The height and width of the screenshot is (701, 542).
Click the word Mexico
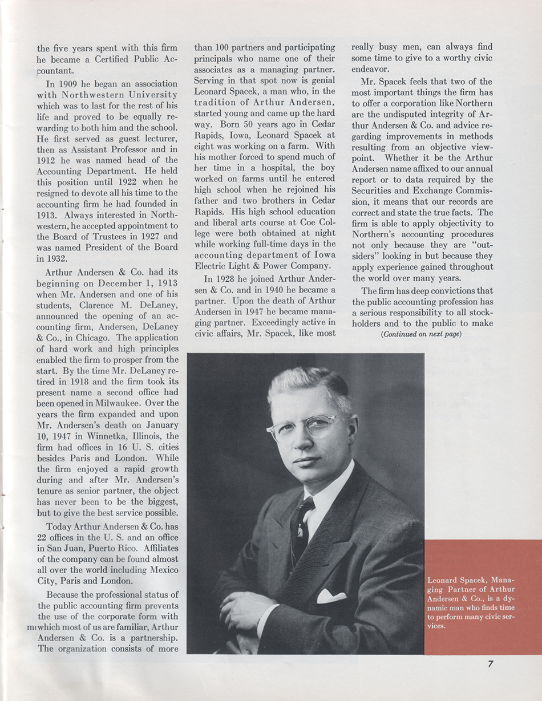(163, 570)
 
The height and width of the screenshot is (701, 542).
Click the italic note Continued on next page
(421, 334)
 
